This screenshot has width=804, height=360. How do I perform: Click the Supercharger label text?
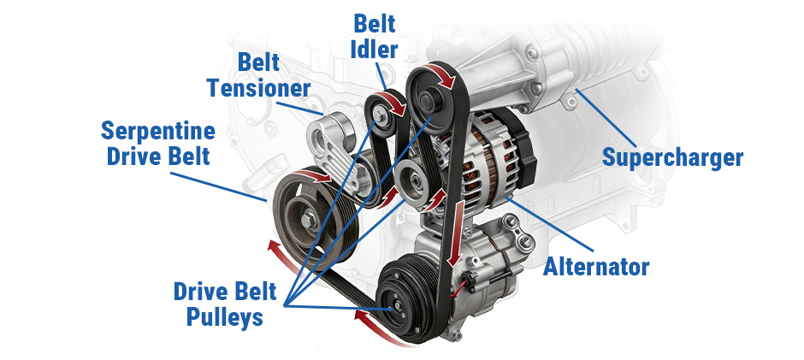tap(672, 158)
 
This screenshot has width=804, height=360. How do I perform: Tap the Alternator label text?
tap(596, 266)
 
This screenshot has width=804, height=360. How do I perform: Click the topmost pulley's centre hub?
tap(429, 100)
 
